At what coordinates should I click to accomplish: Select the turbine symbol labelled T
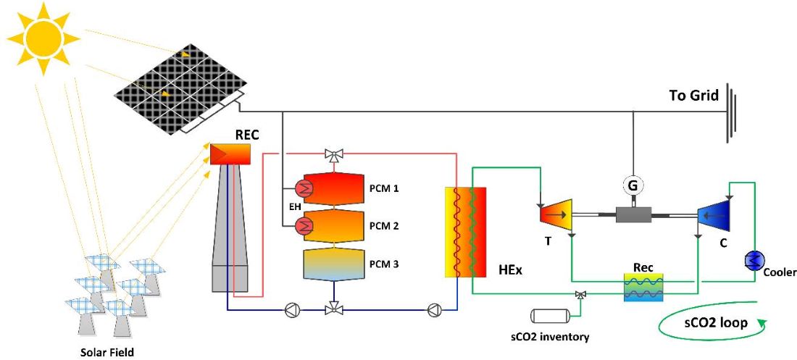click(555, 212)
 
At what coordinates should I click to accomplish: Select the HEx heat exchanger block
click(464, 232)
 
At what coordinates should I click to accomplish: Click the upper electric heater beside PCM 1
click(306, 190)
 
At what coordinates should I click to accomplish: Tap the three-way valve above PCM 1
click(334, 154)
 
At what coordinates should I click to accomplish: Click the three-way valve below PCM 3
click(334, 309)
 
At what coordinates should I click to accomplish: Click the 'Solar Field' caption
click(107, 353)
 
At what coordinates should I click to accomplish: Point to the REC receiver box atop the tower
click(230, 154)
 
